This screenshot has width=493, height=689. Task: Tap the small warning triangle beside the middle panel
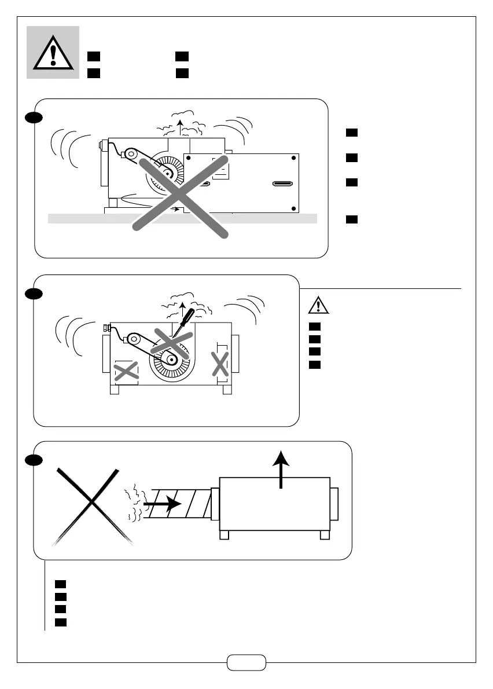point(318,305)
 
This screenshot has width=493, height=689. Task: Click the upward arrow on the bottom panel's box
point(281,469)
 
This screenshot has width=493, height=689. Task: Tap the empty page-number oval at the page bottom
point(246,662)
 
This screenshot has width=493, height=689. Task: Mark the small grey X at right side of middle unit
point(220,364)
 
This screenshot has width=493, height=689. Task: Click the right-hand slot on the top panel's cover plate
point(282,184)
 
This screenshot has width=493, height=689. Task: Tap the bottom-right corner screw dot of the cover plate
point(294,208)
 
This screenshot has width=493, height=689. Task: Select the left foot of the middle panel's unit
point(114,390)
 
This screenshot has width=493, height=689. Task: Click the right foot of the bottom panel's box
point(325,535)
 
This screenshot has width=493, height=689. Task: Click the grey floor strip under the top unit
point(87,218)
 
